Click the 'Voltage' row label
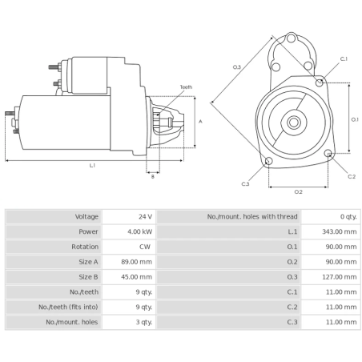click(x=86, y=216)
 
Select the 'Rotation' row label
click(x=85, y=247)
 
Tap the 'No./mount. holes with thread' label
click(x=252, y=216)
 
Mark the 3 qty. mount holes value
click(x=143, y=321)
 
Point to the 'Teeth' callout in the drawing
click(x=186, y=86)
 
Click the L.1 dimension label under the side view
click(x=92, y=165)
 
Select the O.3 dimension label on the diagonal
click(x=237, y=66)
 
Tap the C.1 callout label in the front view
click(x=344, y=59)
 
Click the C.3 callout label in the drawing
click(x=246, y=184)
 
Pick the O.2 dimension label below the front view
click(x=298, y=191)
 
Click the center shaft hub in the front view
click(x=295, y=123)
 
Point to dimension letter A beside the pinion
click(x=200, y=121)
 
